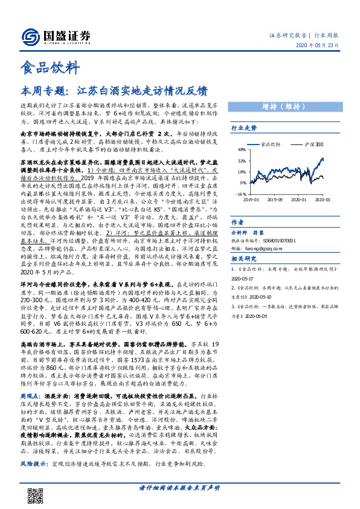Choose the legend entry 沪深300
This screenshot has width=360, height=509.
pyautogui.click(x=313, y=145)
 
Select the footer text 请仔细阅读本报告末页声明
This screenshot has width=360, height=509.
pyautogui.click(x=179, y=488)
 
